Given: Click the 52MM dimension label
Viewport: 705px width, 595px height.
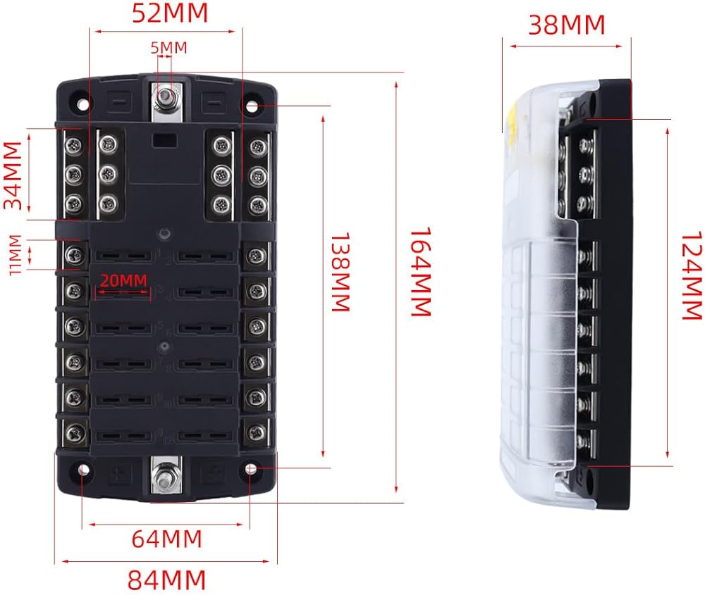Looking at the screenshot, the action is coord(170,14).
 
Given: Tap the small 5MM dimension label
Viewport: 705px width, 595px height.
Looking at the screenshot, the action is coord(168,48).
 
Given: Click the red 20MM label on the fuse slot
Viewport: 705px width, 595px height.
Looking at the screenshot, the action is coord(123,280).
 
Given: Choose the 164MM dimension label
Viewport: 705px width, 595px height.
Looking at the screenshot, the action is coord(420,273).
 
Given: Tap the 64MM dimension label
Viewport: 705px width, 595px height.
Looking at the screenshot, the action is coord(166,539).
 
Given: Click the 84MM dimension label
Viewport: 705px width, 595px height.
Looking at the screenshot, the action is coord(166,580).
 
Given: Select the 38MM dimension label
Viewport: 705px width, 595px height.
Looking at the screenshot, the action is coord(567,25).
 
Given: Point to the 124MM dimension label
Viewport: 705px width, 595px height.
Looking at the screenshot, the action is coord(692,276).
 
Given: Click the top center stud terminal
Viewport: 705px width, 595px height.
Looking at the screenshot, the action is coord(167,96).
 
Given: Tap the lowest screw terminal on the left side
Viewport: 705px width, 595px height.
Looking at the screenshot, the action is coord(73,430).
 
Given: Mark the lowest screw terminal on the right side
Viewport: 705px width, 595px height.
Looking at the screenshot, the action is coord(257,430).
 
